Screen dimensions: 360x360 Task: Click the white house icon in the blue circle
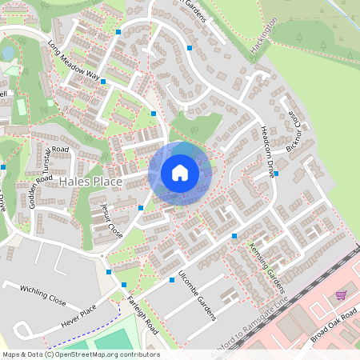[180, 172]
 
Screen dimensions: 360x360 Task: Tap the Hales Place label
[91, 182]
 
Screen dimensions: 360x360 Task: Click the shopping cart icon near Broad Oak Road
[341, 295]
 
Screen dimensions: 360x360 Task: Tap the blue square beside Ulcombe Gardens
[172, 280]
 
